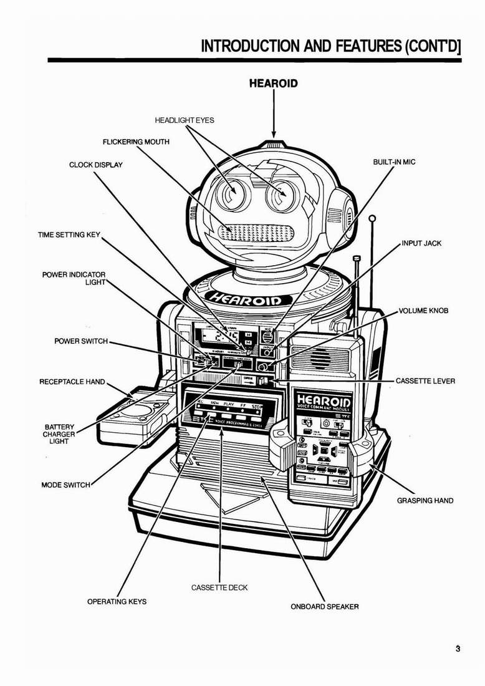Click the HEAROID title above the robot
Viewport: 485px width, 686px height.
(273, 83)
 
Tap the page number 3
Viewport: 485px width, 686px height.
(458, 649)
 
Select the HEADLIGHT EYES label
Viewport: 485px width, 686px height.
(184, 120)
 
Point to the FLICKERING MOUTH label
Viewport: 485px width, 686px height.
(136, 142)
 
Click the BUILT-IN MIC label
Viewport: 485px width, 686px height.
(394, 162)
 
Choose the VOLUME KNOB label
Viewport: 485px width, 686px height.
(424, 311)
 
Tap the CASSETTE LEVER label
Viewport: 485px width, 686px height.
(425, 380)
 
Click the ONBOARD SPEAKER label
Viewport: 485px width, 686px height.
(325, 606)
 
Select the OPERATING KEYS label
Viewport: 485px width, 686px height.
(117, 601)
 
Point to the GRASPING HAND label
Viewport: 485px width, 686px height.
(425, 500)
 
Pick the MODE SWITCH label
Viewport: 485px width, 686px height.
(65, 485)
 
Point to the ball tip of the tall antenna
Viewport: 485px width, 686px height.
(372, 219)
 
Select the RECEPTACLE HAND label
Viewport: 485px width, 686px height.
(72, 381)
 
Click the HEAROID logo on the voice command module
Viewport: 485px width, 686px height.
(324, 399)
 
